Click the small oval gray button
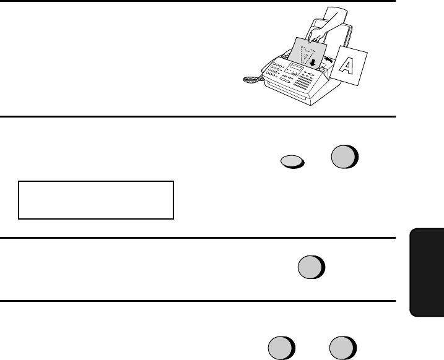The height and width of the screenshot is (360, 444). pyautogui.click(x=292, y=162)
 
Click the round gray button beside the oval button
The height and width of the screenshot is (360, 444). pyautogui.click(x=344, y=156)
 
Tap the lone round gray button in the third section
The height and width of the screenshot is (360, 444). pyautogui.click(x=311, y=267)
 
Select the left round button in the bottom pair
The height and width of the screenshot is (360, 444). pyautogui.click(x=282, y=348)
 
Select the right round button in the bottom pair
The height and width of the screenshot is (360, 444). pyautogui.click(x=343, y=348)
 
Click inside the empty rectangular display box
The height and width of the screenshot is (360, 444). pyautogui.click(x=96, y=200)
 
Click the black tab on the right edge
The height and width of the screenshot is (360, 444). pyautogui.click(x=427, y=272)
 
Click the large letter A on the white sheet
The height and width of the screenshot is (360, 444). pyautogui.click(x=347, y=66)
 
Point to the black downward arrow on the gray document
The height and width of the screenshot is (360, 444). pyautogui.click(x=313, y=62)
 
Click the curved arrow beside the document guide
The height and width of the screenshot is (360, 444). pyautogui.click(x=328, y=59)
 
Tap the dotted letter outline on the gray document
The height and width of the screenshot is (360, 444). pyautogui.click(x=307, y=55)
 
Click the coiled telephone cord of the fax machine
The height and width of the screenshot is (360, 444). pyautogui.click(x=252, y=80)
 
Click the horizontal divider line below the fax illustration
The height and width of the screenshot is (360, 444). pyautogui.click(x=198, y=116)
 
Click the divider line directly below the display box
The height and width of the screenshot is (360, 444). pyautogui.click(x=198, y=238)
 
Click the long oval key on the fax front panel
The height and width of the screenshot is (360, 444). pyautogui.click(x=285, y=80)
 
